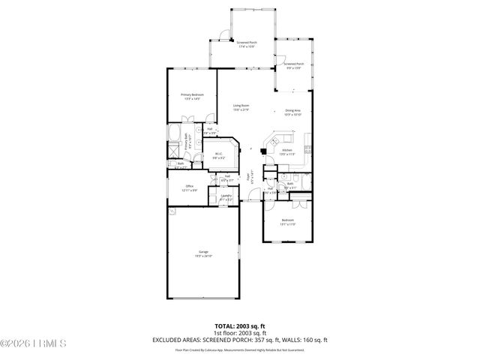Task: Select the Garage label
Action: tap(203, 253)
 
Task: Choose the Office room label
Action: tap(190, 187)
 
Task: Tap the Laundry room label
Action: tap(226, 198)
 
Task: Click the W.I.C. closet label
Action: tap(218, 156)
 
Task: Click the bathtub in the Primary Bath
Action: tap(172, 139)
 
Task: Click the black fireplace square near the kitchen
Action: tap(262, 150)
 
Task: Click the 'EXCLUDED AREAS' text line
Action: tap(240, 340)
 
